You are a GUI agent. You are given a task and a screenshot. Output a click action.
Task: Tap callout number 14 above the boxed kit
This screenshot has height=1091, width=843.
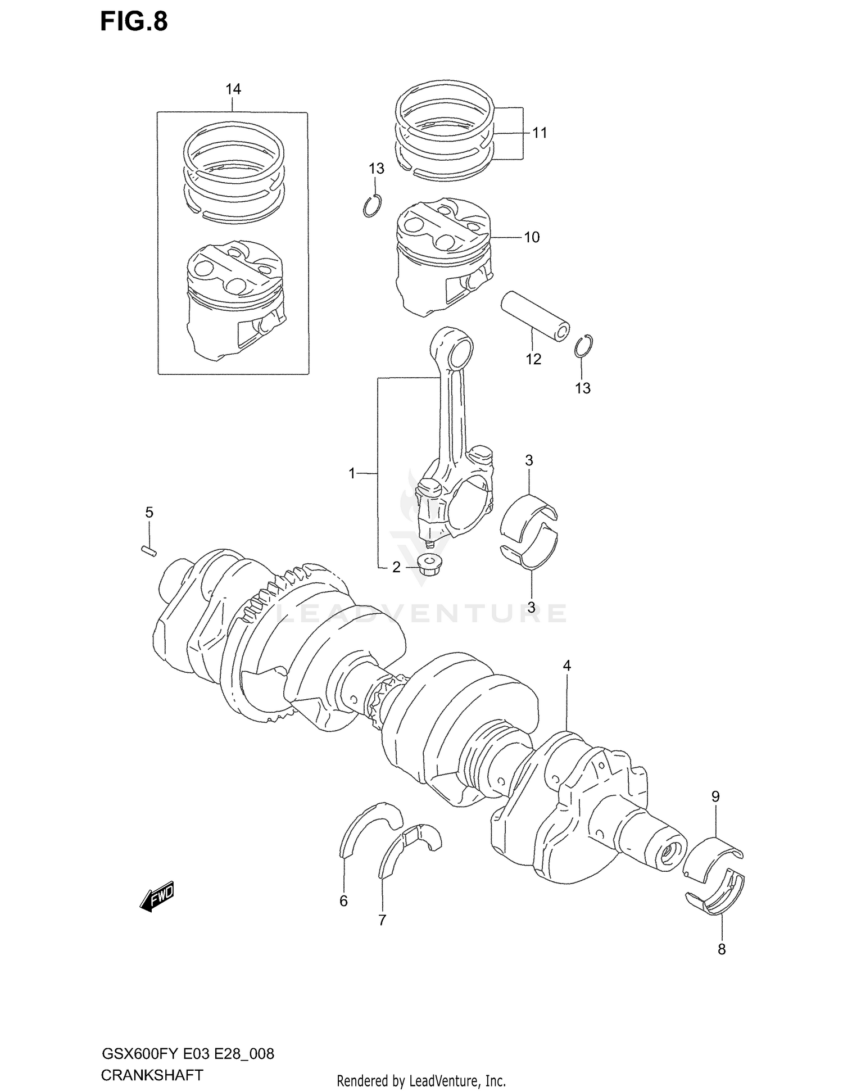[x=233, y=89]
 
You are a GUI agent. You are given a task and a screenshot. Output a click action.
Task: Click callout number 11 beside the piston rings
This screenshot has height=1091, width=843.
[x=540, y=133]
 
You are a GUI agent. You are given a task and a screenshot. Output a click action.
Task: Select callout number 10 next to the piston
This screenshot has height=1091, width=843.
[x=531, y=237]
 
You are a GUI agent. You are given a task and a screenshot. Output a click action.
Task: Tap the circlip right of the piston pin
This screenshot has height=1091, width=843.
[x=584, y=345]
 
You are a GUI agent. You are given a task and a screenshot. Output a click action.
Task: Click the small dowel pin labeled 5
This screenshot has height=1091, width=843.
[x=148, y=549]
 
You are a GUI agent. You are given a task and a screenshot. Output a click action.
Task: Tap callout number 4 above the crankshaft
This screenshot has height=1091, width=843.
[x=567, y=666]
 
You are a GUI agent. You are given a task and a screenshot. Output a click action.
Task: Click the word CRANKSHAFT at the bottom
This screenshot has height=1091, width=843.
[x=152, y=1075]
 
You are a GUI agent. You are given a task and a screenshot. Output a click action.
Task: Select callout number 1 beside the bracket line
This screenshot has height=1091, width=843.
[x=352, y=474]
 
